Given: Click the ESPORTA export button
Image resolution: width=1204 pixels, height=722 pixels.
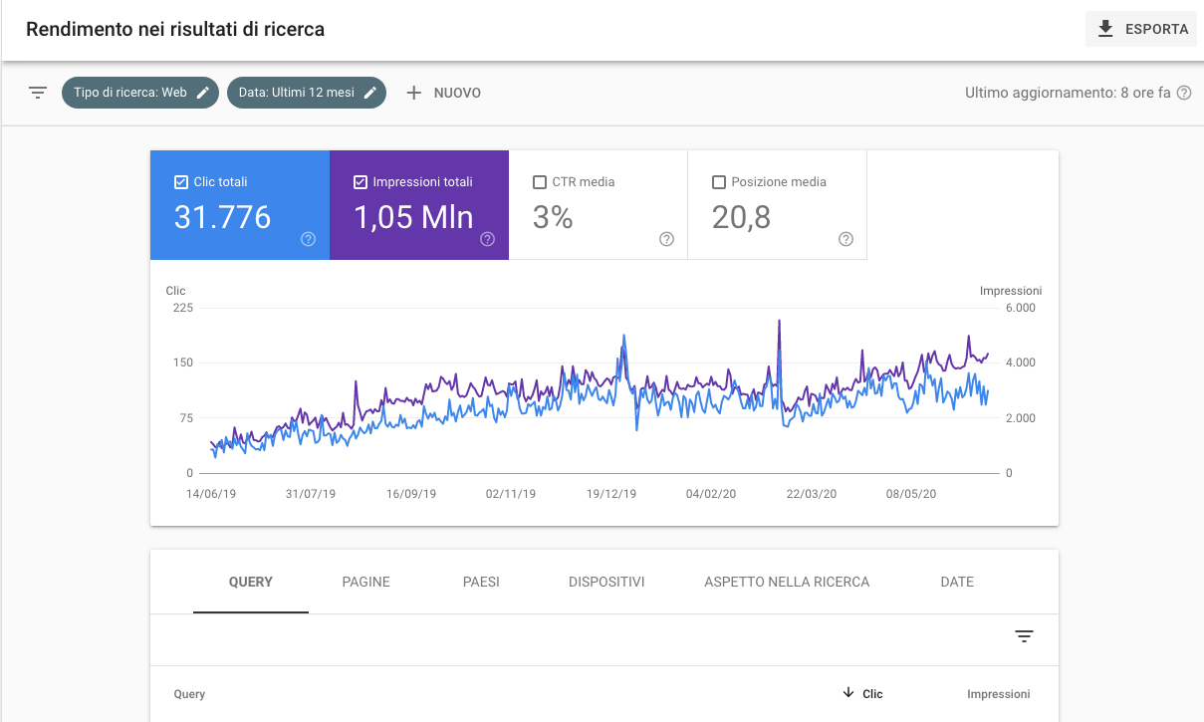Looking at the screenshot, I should click(1141, 29).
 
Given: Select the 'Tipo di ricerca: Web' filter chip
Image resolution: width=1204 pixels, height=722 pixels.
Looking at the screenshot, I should click(140, 93).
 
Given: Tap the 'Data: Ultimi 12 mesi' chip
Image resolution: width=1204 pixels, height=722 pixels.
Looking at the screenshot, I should click(307, 93).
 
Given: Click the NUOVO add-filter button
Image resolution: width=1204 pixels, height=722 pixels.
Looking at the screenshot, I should click(444, 93).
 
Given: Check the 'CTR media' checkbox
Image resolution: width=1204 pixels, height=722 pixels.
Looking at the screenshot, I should click(540, 182).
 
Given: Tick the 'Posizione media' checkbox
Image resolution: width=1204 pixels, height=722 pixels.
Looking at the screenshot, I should click(719, 182).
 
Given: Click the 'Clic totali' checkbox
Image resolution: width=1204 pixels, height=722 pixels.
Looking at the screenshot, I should click(181, 182).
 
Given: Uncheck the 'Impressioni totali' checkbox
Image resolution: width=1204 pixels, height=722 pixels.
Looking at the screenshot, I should click(361, 182).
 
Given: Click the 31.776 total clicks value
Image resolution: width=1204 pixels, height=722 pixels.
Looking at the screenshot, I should click(222, 217).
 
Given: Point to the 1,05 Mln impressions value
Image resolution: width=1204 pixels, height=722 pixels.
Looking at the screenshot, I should click(414, 217).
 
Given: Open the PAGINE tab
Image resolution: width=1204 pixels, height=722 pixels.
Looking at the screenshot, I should click(365, 582).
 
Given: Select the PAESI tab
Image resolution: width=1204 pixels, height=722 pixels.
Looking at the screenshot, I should click(481, 582).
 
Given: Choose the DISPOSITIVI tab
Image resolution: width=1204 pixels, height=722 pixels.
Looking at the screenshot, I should click(606, 582).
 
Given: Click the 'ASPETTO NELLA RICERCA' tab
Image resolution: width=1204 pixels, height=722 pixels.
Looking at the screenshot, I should click(787, 582).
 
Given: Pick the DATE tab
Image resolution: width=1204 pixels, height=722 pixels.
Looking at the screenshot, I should click(957, 582).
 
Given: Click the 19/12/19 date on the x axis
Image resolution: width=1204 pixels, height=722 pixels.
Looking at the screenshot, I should click(611, 493).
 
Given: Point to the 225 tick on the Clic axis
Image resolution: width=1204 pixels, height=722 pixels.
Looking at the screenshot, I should click(182, 308).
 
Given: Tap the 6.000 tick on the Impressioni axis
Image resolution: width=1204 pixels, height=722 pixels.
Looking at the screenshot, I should click(1021, 308).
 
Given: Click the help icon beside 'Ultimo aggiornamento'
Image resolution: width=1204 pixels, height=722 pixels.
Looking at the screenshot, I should click(1184, 93).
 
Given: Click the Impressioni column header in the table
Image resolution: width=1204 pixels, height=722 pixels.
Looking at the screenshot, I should click(998, 694).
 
